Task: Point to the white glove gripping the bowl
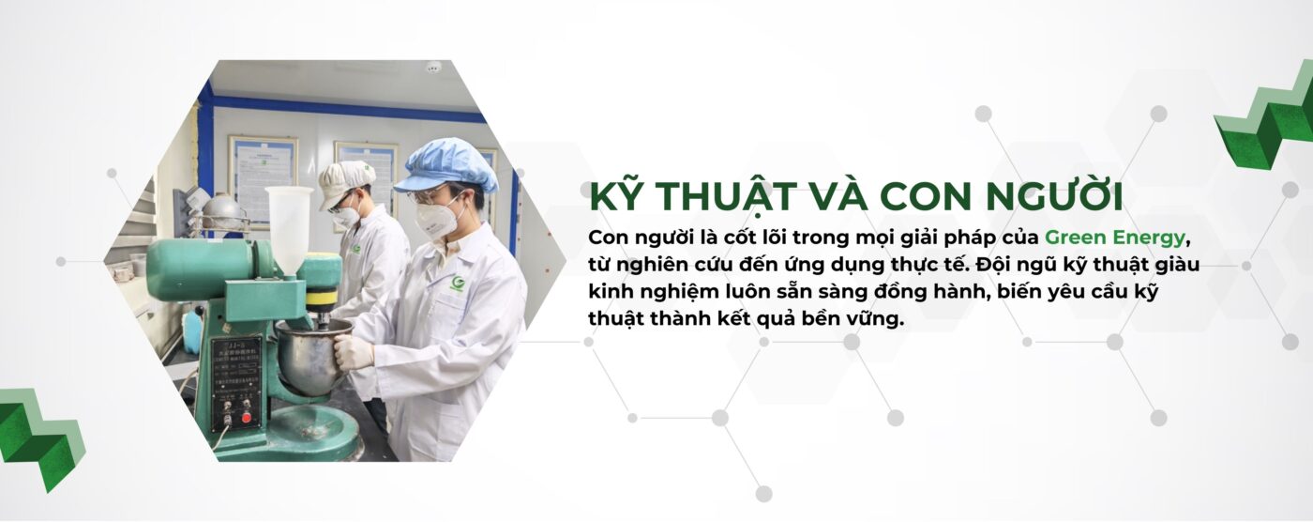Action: click(353, 351)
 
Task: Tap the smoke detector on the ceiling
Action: click(433, 68)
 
